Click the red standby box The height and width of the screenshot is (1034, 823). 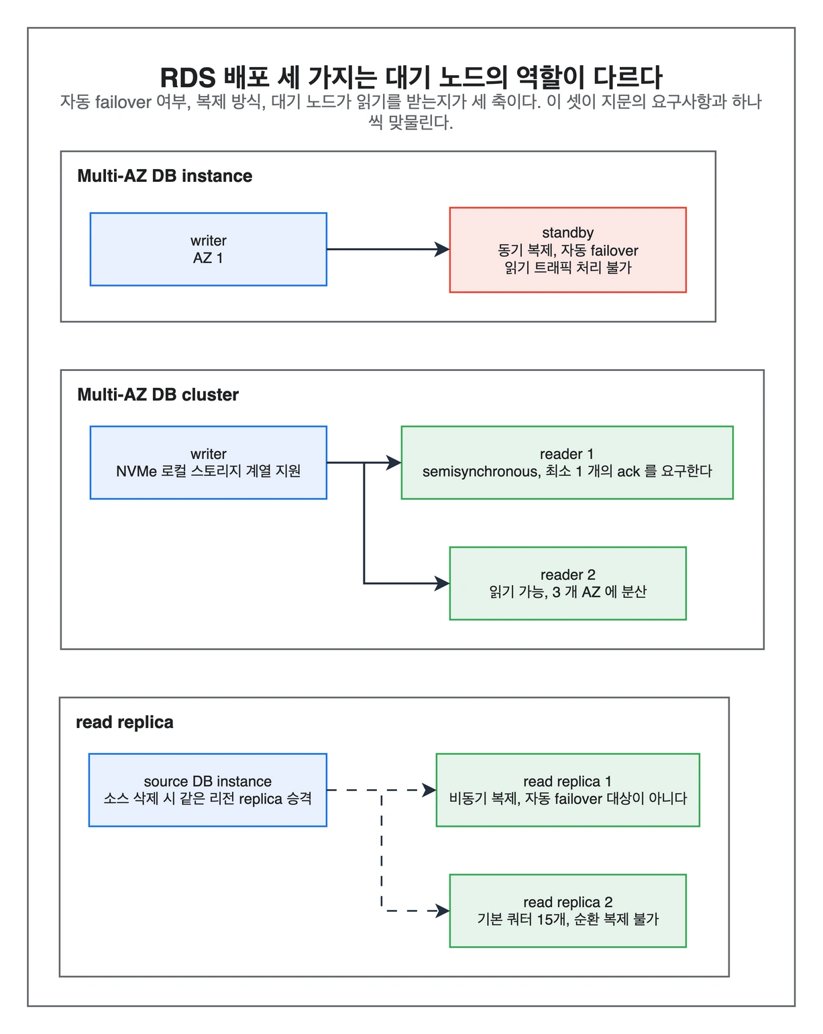567,250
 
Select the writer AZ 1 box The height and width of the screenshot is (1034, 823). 208,249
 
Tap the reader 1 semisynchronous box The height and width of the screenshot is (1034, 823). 567,462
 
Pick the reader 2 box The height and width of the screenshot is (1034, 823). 567,583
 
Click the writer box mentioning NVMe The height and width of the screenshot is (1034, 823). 208,462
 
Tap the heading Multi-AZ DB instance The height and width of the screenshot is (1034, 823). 164,176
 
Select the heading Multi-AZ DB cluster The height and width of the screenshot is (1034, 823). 158,395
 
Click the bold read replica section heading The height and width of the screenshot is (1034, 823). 125,722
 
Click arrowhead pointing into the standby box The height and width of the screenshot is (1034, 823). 442,249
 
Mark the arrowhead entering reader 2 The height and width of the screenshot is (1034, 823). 442,583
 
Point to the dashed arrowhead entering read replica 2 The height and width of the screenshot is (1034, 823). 442,911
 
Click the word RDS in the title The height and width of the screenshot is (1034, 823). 188,77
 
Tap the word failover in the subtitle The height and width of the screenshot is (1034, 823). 123,102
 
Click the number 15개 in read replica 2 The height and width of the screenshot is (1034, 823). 552,919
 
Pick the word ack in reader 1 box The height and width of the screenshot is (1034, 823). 628,471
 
